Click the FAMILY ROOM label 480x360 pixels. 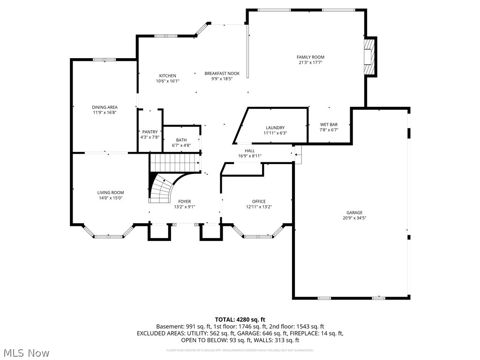(311, 57)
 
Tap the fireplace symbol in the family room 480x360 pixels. (370, 57)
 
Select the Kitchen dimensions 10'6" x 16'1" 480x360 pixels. (168, 81)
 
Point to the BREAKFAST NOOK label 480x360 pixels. (222, 74)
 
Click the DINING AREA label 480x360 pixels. (105, 107)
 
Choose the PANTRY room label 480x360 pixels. (150, 132)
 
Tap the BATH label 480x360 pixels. (181, 140)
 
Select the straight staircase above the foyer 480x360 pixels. (174, 165)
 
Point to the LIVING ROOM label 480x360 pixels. (111, 193)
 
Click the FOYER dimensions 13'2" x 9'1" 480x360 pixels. (184, 207)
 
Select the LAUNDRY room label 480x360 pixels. (275, 128)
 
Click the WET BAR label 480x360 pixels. (329, 125)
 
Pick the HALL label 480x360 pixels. (249, 150)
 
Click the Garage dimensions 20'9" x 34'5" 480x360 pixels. (354, 218)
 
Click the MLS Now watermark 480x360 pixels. (26, 352)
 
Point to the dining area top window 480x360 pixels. (104, 60)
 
